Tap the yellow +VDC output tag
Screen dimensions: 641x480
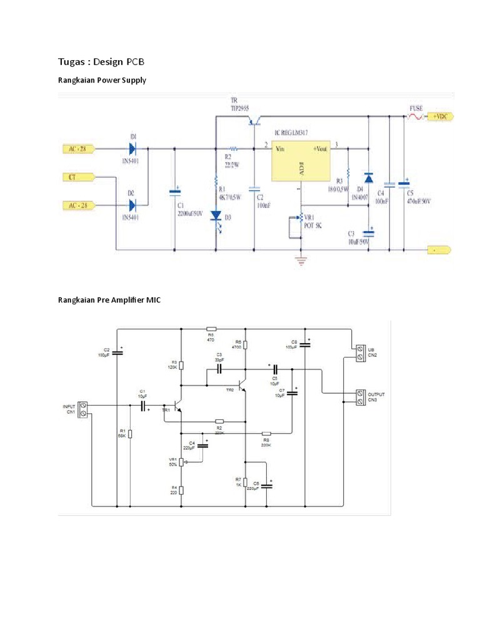(439, 116)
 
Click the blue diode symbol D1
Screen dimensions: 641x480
(132, 148)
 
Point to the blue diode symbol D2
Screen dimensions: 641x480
(132, 205)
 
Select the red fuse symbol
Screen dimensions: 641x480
(415, 116)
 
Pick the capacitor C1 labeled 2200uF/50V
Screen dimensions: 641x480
(174, 190)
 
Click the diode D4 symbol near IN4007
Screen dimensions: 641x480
(369, 178)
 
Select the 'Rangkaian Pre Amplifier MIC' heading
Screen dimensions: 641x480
(109, 300)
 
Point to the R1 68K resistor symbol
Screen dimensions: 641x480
(130, 434)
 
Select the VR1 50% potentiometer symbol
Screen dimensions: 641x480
(181, 462)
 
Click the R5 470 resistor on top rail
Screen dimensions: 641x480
(211, 329)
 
